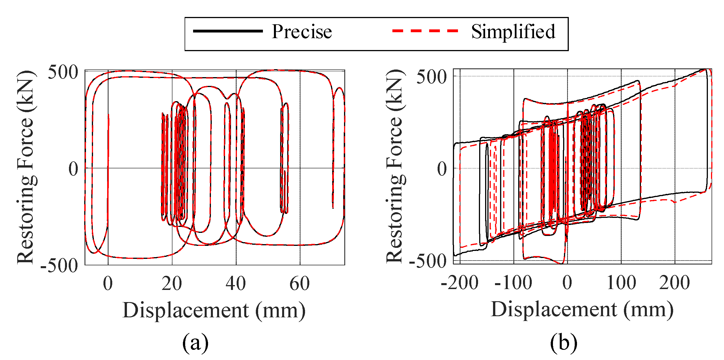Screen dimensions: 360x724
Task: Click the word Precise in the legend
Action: click(x=302, y=32)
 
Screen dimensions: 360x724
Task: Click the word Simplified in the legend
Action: click(x=513, y=32)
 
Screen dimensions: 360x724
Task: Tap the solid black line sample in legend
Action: click(x=228, y=31)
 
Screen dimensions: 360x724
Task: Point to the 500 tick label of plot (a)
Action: click(x=63, y=72)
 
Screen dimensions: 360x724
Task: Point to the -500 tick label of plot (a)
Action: click(x=59, y=266)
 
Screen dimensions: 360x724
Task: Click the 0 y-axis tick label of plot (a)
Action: click(x=74, y=169)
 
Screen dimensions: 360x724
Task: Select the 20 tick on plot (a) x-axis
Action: click(x=172, y=283)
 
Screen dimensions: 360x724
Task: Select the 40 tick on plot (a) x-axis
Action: click(x=235, y=283)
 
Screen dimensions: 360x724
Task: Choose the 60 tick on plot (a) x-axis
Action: click(x=300, y=283)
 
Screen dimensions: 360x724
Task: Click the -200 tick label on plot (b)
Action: click(x=459, y=283)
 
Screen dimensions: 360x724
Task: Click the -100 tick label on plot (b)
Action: click(x=513, y=283)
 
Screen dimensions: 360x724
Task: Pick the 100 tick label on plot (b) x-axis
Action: click(x=621, y=283)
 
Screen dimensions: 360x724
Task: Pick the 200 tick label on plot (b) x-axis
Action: click(x=675, y=283)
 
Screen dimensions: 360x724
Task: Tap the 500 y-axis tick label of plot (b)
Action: click(x=431, y=77)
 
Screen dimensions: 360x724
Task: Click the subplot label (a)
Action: click(x=195, y=343)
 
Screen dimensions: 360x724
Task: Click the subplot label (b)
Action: click(x=563, y=343)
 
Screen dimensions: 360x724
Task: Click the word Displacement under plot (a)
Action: click(x=186, y=310)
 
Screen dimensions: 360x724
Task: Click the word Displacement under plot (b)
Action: click(x=554, y=309)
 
